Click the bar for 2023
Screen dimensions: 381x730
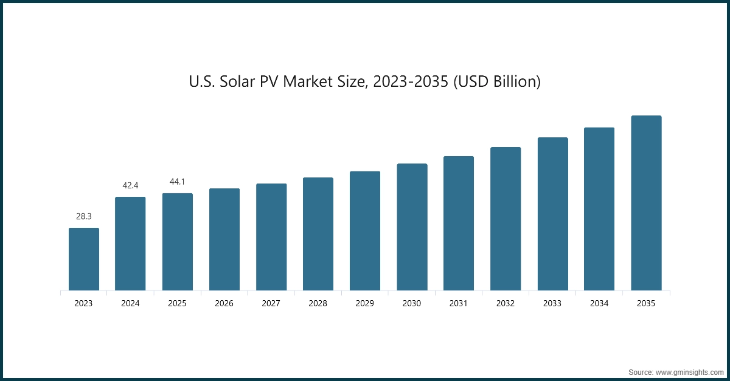click(x=84, y=259)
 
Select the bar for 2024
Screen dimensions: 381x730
click(x=130, y=244)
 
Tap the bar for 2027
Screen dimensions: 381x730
click(x=271, y=237)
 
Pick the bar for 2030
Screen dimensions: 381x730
click(x=412, y=227)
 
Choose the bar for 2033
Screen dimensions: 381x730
click(x=552, y=214)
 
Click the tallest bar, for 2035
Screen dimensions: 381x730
click(x=646, y=203)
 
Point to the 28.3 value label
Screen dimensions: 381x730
click(x=84, y=216)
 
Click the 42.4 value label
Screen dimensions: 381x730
click(x=131, y=185)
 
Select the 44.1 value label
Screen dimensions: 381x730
click(x=178, y=182)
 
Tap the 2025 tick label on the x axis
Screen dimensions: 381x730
click(x=177, y=303)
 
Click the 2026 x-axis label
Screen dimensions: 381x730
click(x=224, y=303)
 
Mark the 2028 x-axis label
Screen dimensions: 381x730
click(x=318, y=303)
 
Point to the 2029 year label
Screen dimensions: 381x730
click(x=364, y=303)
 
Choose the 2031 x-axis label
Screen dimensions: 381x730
click(x=458, y=303)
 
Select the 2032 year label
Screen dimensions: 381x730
click(x=505, y=303)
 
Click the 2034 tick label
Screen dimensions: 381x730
click(x=599, y=303)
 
